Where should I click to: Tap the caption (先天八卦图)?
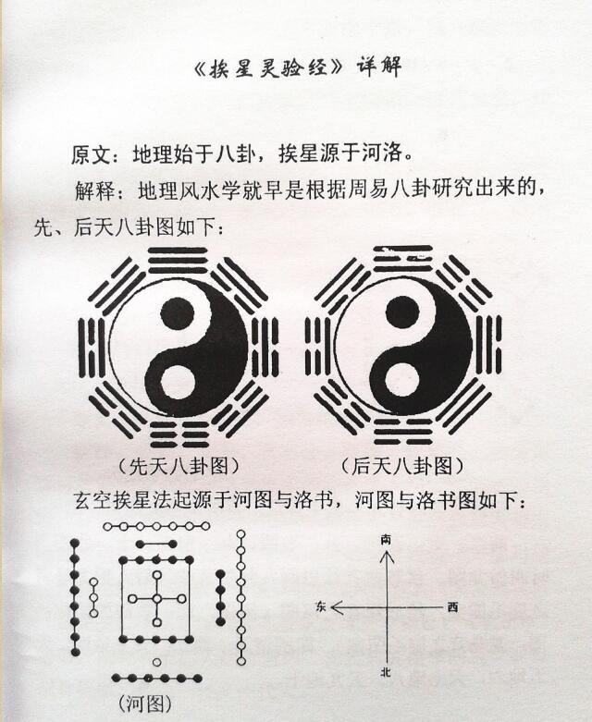(179, 467)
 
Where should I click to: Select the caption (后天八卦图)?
(401, 467)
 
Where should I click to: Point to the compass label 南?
(386, 540)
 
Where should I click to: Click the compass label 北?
(386, 673)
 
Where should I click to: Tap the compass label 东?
(321, 607)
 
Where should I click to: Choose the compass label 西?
(453, 607)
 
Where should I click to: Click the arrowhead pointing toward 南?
(386, 557)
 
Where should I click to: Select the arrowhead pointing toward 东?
(338, 607)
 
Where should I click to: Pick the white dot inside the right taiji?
(400, 381)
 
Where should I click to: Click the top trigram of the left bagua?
(178, 261)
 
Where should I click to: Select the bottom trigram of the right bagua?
(403, 432)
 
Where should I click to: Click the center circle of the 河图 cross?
(157, 599)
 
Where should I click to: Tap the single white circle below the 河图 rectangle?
(156, 662)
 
